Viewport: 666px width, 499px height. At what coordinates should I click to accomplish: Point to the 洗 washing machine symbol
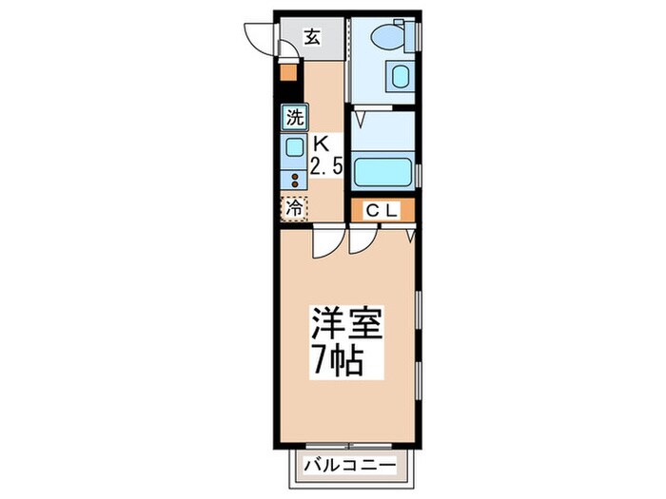(x=294, y=119)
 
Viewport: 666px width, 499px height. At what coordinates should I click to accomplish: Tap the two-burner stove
(x=294, y=178)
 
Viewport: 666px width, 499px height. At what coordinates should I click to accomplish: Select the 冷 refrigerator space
(x=294, y=206)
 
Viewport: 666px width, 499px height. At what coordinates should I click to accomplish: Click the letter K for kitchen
(x=321, y=145)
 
